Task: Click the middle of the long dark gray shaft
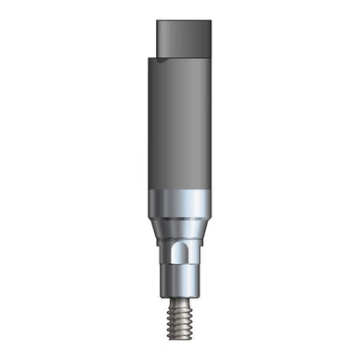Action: pos(181,125)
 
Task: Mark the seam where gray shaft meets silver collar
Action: pos(181,190)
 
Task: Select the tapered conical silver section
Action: pos(181,229)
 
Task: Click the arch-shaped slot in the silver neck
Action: pos(181,253)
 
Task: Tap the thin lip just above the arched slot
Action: pos(181,241)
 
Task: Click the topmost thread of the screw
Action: pos(181,296)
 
